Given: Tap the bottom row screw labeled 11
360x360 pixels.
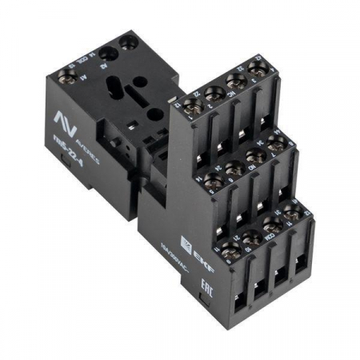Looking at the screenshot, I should tap(231, 246).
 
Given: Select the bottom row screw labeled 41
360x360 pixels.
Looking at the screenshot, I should tap(294, 210).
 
